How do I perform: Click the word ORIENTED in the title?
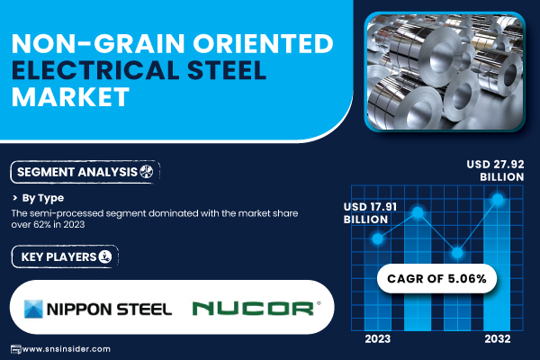tap(263, 44)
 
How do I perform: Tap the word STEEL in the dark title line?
tap(227, 70)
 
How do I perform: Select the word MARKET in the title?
tap(70, 96)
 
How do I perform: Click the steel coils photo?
tap(445, 72)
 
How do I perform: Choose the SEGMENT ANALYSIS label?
tap(77, 172)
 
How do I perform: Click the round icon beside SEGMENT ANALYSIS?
tap(147, 171)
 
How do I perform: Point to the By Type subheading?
tap(43, 198)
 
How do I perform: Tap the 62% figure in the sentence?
tap(42, 225)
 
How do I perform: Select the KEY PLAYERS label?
tap(58, 257)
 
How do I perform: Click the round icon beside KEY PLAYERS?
tap(105, 256)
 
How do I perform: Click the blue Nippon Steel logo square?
tap(33, 309)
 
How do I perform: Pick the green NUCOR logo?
tap(256, 309)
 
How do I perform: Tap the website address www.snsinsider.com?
tap(66, 349)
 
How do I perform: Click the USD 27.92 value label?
tap(495, 170)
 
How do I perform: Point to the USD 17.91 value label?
tap(370, 213)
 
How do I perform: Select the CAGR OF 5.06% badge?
tap(436, 279)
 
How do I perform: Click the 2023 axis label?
tap(377, 339)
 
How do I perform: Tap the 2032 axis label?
tap(498, 339)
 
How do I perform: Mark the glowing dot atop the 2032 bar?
tap(498, 199)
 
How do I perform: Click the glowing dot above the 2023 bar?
tap(377, 238)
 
